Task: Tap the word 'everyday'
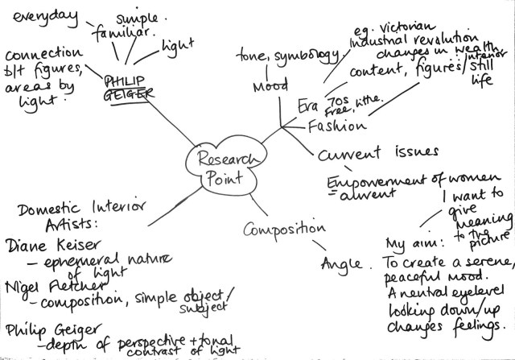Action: pos(39,16)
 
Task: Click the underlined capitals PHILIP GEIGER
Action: pos(129,87)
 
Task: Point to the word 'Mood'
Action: pos(270,86)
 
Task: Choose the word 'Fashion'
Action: pos(338,126)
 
